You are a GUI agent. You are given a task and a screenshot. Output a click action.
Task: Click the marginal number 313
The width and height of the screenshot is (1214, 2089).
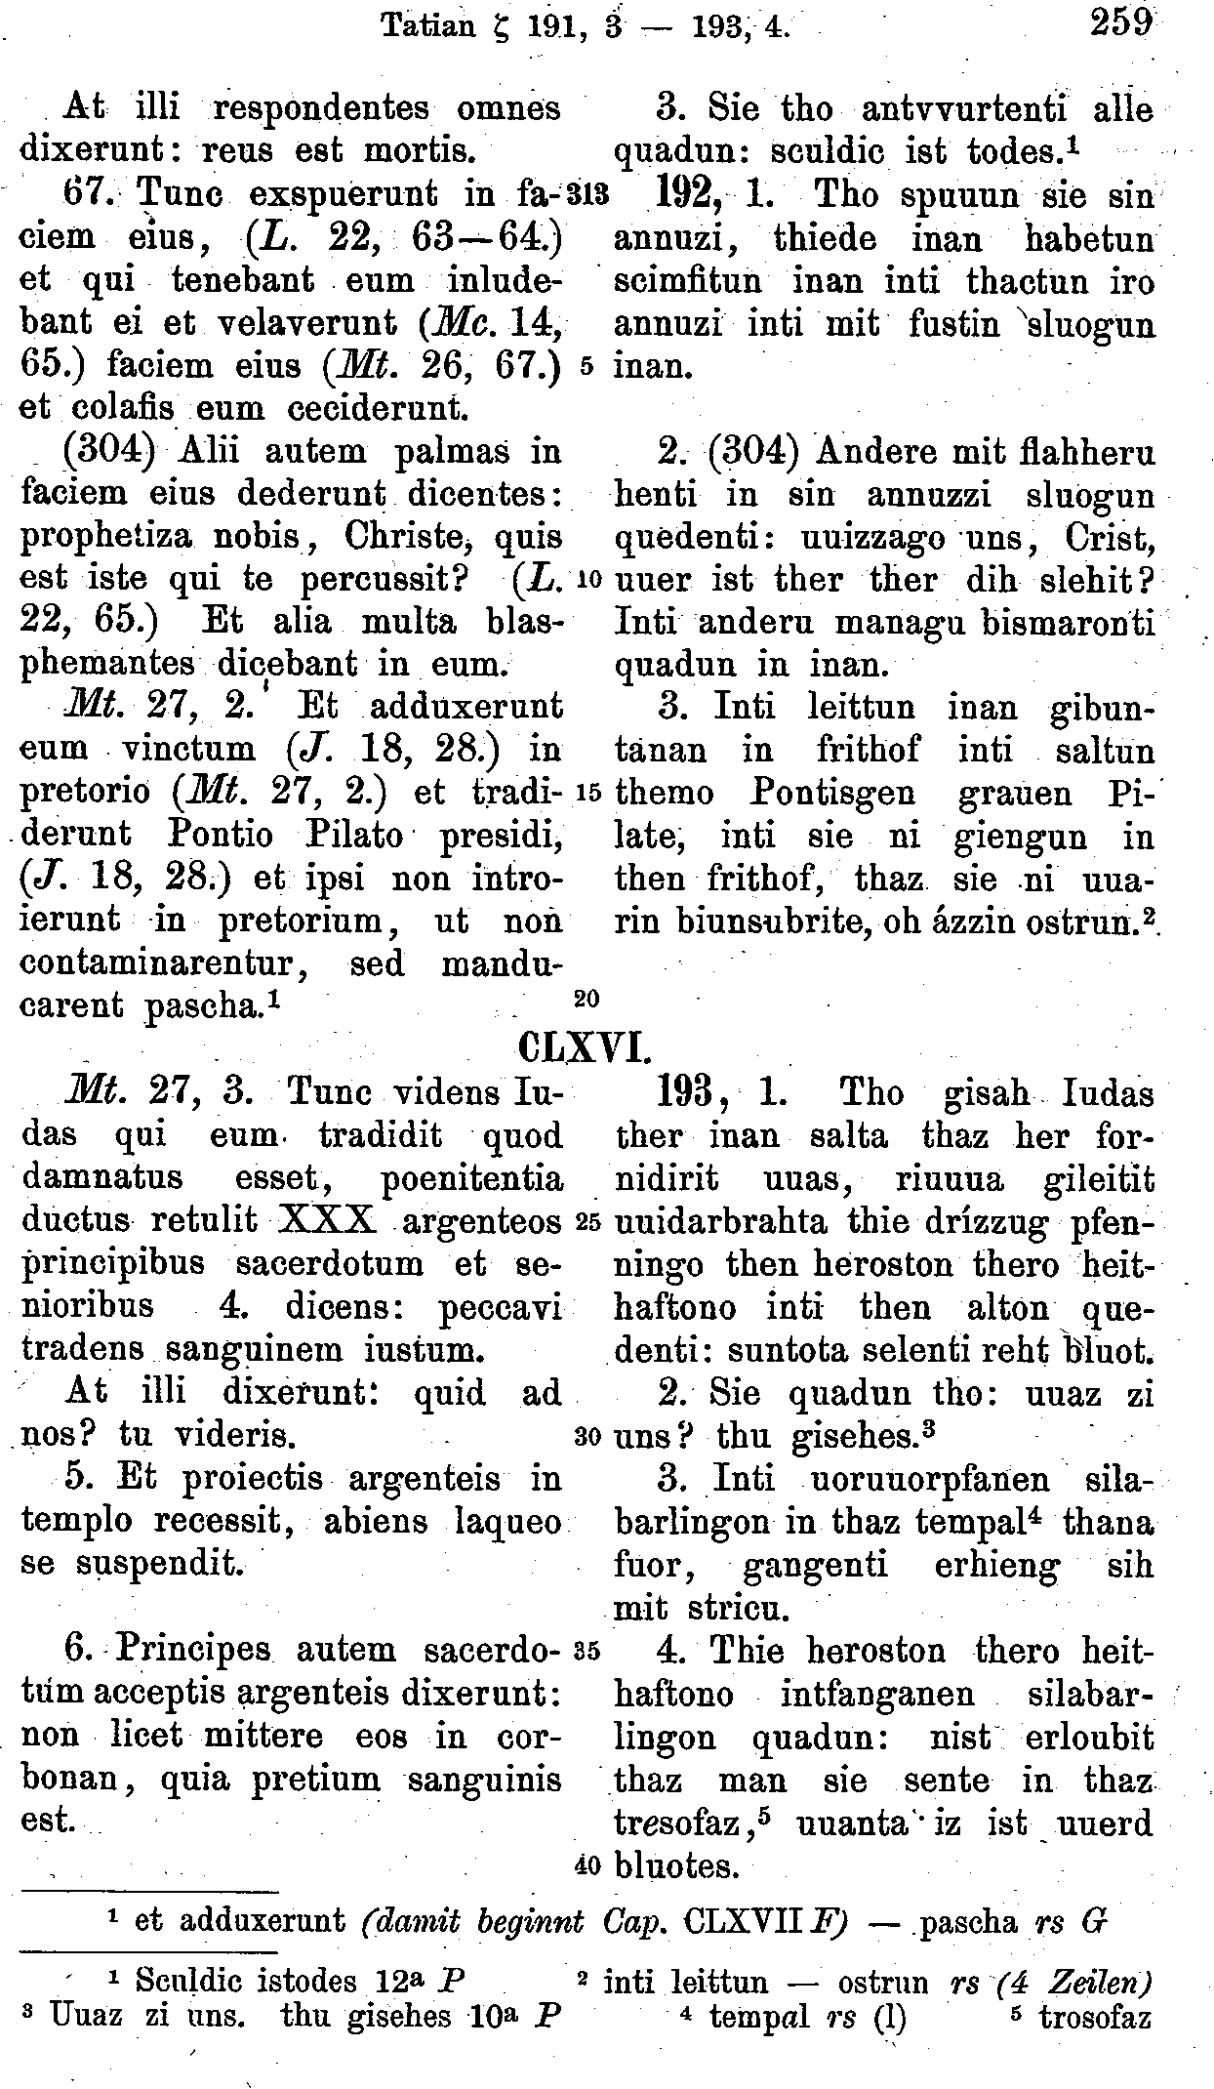[592, 194]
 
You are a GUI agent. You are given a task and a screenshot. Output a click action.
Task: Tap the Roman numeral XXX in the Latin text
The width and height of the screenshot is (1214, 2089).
[327, 1220]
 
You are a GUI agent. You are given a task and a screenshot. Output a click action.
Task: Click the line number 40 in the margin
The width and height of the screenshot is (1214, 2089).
[587, 1864]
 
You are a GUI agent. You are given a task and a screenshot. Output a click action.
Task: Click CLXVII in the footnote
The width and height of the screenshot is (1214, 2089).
[738, 1919]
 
